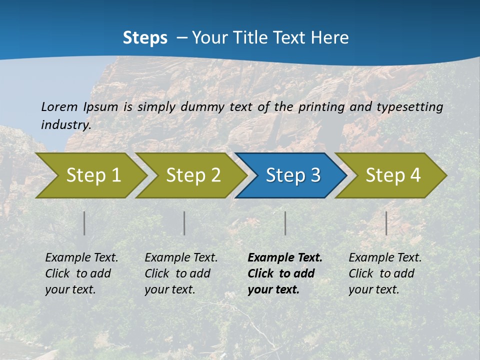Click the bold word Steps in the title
click(x=145, y=38)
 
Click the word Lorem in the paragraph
click(x=58, y=106)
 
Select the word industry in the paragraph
click(x=66, y=125)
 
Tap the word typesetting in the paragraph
click(x=409, y=106)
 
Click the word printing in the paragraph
click(x=321, y=106)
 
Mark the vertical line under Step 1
click(x=84, y=223)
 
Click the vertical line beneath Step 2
click(x=184, y=223)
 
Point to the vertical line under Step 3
click(x=285, y=223)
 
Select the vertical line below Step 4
click(x=386, y=223)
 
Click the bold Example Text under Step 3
click(x=285, y=258)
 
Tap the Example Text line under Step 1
click(x=81, y=258)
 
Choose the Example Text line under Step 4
click(x=385, y=258)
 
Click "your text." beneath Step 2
click(x=170, y=289)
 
